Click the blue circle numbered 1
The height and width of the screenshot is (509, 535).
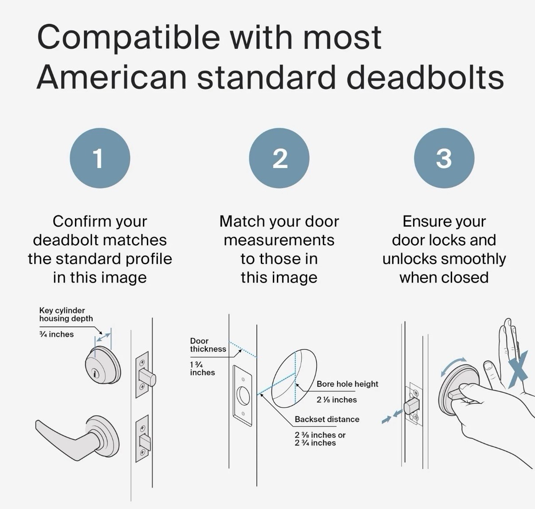tap(100, 158)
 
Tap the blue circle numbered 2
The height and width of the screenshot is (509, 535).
tap(279, 158)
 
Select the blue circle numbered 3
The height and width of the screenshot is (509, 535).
tap(444, 158)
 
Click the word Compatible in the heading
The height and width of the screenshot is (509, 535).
tap(128, 37)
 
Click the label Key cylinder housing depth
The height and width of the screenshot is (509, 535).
tap(66, 314)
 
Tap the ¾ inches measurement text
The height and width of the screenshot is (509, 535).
tap(56, 334)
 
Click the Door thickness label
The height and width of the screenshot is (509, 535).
tap(208, 345)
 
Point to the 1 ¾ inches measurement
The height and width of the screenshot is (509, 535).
tap(202, 368)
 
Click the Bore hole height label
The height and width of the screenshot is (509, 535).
tap(347, 384)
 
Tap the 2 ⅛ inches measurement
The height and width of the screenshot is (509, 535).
tap(337, 400)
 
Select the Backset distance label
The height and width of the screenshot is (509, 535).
tap(327, 419)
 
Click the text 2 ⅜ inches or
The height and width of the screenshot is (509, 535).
tap(320, 435)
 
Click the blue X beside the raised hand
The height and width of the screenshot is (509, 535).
tap(518, 368)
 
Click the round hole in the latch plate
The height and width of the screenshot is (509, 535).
tap(243, 395)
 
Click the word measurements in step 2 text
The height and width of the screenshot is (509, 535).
tap(279, 240)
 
